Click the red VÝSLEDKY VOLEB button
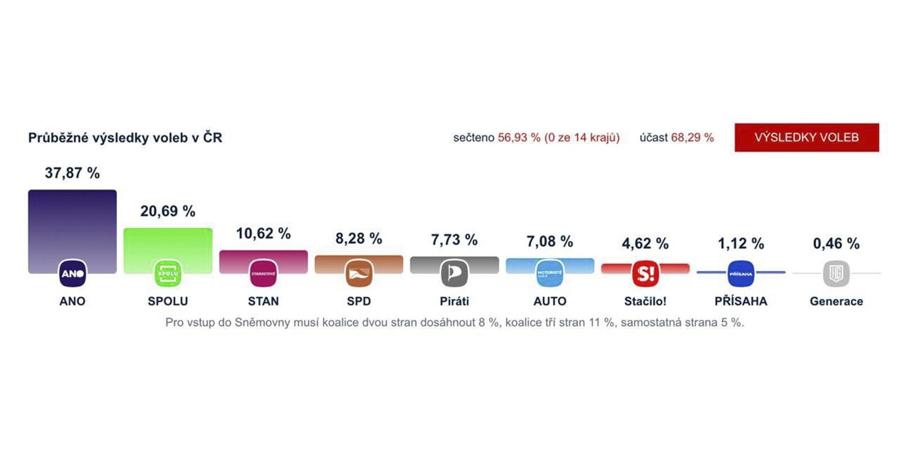[x=806, y=137]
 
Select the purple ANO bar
[x=72, y=225]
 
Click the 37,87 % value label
[x=72, y=173]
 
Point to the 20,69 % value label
[x=167, y=211]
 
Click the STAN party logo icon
[x=263, y=273]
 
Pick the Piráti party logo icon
[x=454, y=273]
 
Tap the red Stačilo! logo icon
[x=645, y=273]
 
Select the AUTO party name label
[x=550, y=301]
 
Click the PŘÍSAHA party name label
[x=741, y=301]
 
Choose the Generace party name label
[x=836, y=301]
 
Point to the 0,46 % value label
[x=836, y=243]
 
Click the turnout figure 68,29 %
[x=692, y=138]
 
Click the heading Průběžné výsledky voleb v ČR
[x=125, y=138]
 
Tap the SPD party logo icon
[x=359, y=273]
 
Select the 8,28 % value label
[x=359, y=238]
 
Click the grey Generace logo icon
[x=836, y=273]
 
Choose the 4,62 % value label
[x=645, y=243]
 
